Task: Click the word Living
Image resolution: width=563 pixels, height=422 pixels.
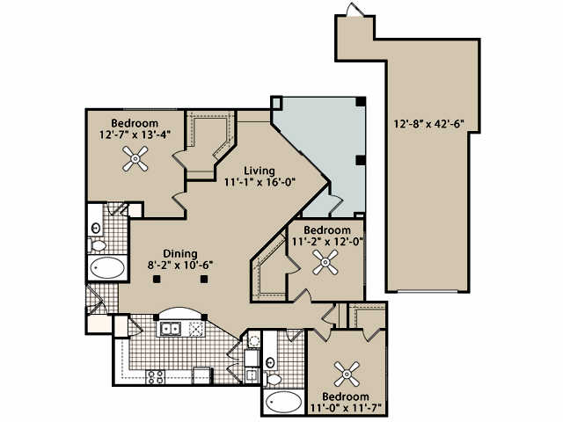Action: (x=260, y=170)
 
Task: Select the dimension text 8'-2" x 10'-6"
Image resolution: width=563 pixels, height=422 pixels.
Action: (x=180, y=264)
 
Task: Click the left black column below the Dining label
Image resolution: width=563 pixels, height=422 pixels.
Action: (x=156, y=280)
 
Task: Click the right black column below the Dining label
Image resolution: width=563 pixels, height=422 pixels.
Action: (x=204, y=280)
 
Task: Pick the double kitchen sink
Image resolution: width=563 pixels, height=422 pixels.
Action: (x=170, y=330)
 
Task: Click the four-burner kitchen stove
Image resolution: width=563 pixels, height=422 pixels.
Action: (x=156, y=378)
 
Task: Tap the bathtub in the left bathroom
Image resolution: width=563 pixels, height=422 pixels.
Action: (x=108, y=267)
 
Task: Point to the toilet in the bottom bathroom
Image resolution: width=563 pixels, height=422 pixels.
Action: (x=272, y=379)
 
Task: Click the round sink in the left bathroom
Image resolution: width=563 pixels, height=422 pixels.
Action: (x=95, y=227)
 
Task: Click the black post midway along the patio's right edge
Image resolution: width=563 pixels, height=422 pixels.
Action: (x=360, y=160)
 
